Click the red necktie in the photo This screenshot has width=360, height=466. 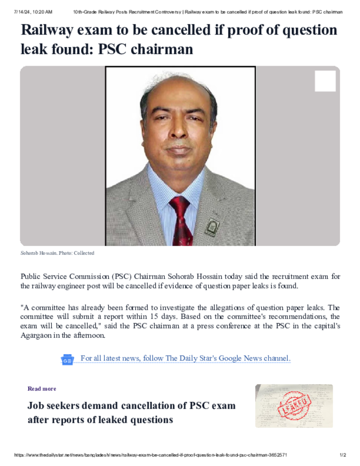click(181, 221)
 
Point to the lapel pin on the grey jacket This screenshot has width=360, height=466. click(212, 227)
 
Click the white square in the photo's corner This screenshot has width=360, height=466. click(325, 81)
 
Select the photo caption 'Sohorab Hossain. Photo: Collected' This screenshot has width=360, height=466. click(57, 253)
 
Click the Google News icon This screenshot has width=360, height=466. click(67, 360)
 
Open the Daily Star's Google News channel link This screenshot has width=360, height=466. click(185, 359)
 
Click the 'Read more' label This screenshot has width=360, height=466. click(42, 389)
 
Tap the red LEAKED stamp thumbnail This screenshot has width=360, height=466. click(294, 406)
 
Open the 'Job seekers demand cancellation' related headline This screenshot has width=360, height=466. click(131, 412)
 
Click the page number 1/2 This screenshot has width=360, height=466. click(343, 455)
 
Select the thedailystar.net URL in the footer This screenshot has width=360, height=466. click(150, 455)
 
